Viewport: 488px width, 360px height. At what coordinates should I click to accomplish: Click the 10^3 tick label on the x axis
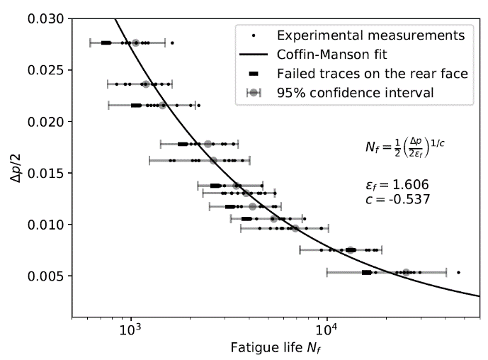[x=131, y=329]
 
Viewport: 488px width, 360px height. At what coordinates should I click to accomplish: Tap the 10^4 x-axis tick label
[x=326, y=329]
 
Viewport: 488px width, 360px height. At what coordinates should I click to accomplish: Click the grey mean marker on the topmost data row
[x=135, y=43]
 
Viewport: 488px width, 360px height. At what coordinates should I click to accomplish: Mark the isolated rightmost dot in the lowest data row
[x=459, y=272]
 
